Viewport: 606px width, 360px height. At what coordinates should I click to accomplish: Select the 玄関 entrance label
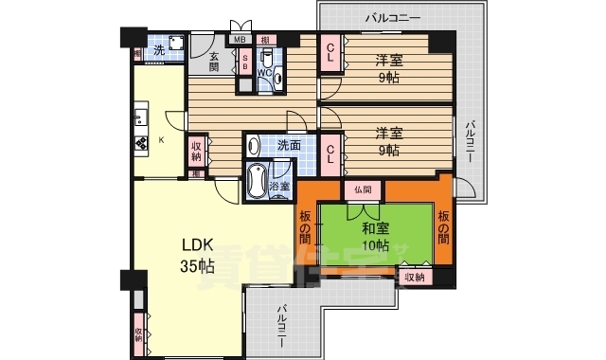214,63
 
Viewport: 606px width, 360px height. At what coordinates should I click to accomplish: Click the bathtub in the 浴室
256,182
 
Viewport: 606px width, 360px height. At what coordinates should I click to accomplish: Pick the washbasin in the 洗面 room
254,147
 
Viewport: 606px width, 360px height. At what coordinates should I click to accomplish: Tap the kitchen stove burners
141,145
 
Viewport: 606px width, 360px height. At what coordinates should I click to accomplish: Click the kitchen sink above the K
140,117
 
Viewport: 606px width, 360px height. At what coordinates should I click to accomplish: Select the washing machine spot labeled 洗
160,51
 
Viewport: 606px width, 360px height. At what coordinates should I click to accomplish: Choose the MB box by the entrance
241,40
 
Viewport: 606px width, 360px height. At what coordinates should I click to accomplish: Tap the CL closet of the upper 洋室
331,57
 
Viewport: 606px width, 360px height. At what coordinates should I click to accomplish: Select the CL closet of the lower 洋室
331,152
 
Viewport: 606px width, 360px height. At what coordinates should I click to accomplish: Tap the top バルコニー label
394,16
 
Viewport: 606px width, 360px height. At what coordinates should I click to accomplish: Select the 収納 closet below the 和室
414,277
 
